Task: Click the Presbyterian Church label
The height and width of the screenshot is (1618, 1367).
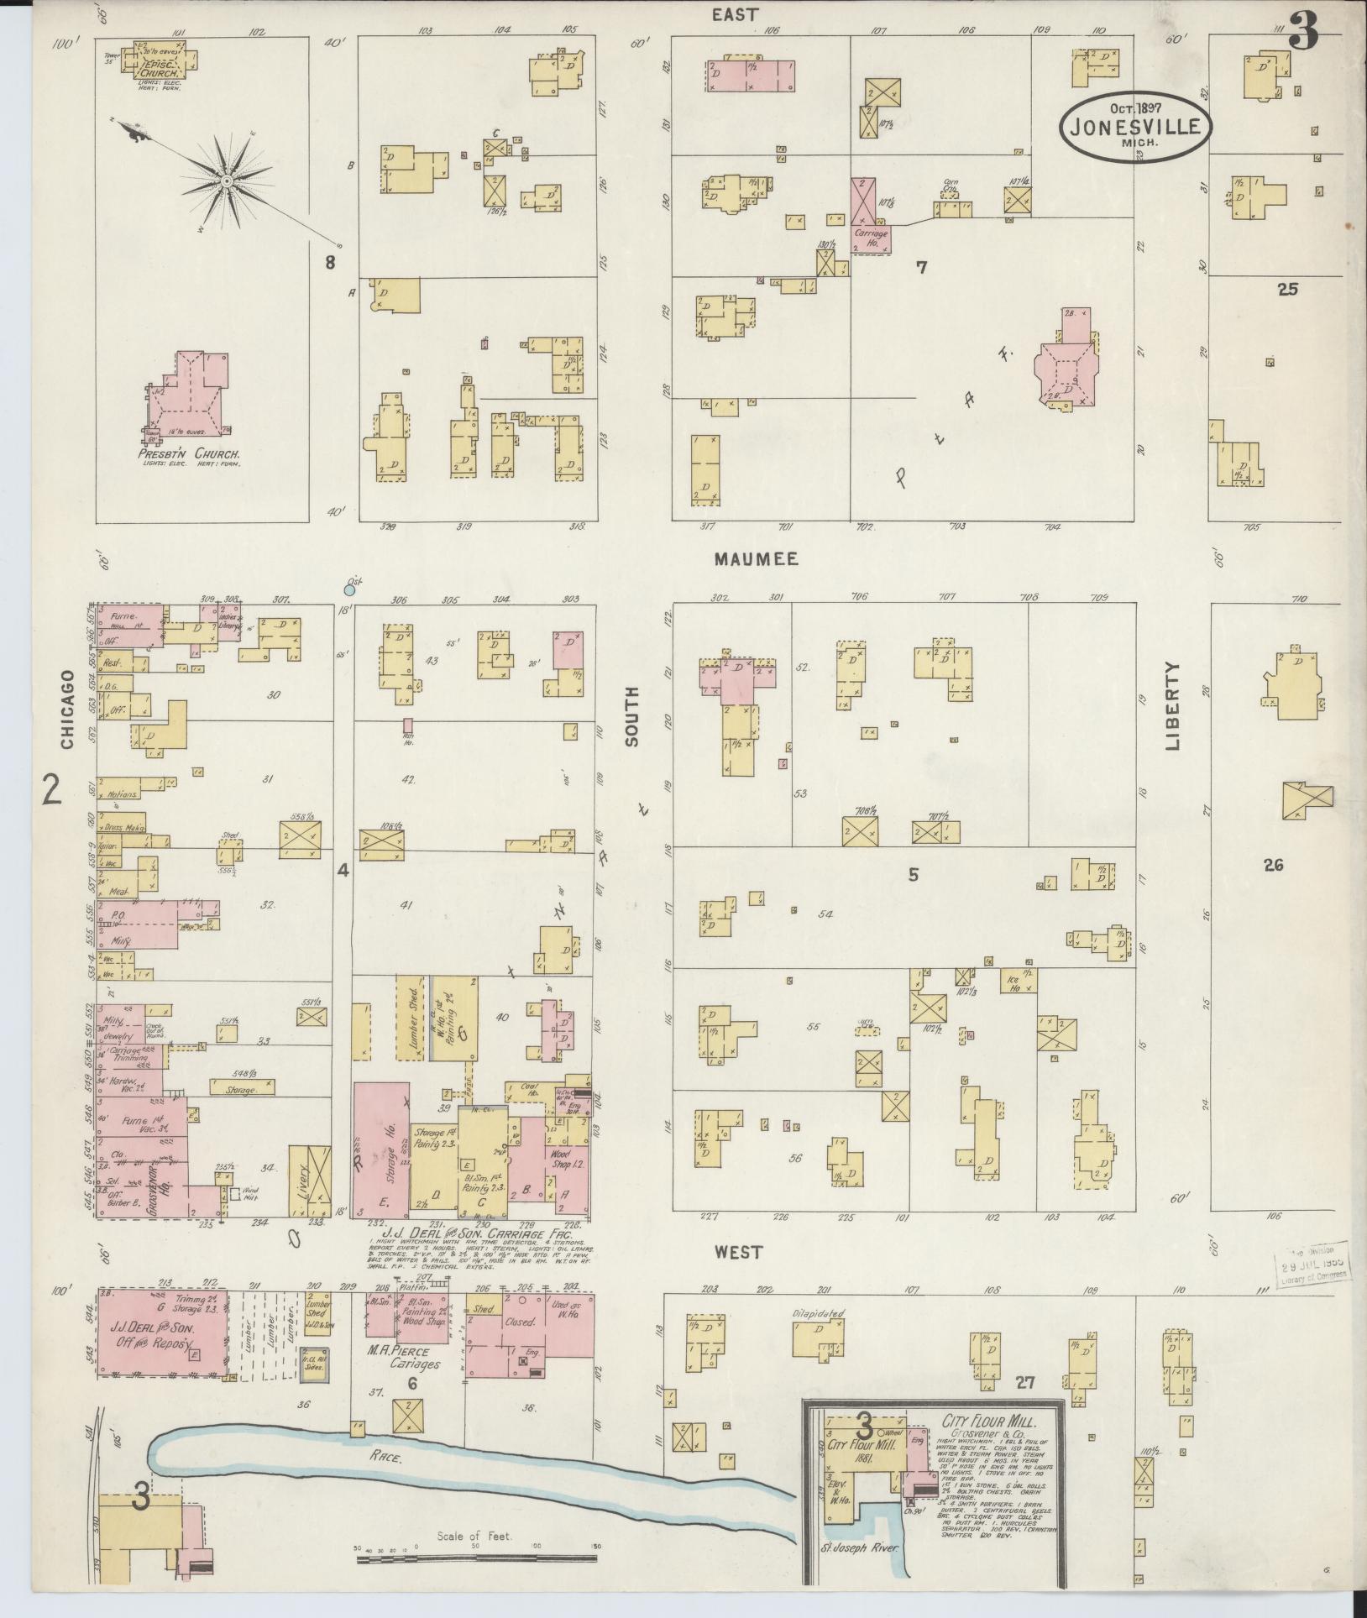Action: [190, 454]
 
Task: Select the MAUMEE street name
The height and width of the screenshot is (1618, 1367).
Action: [756, 559]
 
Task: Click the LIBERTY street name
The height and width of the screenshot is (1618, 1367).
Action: [1172, 705]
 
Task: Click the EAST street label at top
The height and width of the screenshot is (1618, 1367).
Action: [736, 15]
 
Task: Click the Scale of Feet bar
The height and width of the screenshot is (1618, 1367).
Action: [476, 1559]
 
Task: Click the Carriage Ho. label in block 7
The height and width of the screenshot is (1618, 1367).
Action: [871, 237]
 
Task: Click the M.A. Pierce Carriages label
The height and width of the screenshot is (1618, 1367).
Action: [411, 1358]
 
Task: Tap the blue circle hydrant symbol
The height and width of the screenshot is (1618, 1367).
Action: [349, 590]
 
